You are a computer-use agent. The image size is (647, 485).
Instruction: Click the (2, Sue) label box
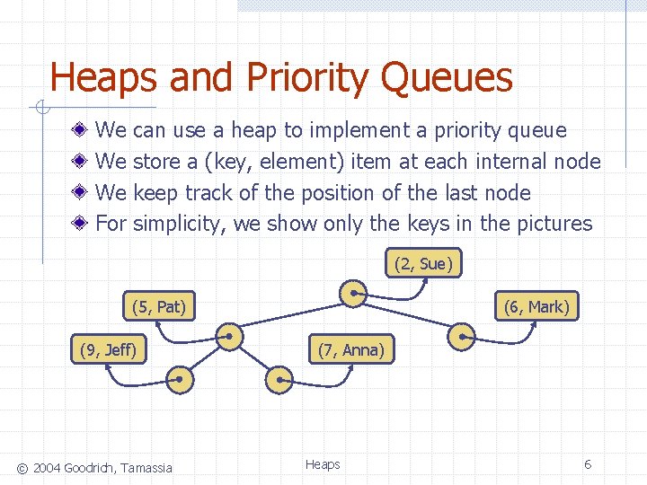coord(424,263)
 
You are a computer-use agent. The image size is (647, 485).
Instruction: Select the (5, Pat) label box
coord(159,306)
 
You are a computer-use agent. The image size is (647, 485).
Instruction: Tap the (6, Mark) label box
coord(536,306)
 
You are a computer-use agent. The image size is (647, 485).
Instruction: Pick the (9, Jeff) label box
coord(109,349)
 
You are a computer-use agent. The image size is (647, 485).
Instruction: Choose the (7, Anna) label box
coord(350,349)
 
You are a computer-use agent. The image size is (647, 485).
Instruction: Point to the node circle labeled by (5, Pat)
coord(230,337)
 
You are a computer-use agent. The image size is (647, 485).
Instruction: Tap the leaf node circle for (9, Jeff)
coord(180,380)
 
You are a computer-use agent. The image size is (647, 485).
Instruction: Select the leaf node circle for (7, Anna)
coord(279,380)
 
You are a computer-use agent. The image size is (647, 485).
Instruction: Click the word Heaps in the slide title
coord(103,78)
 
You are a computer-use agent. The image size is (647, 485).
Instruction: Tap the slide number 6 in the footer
coord(588,464)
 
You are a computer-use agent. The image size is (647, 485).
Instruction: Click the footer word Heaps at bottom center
coord(323,464)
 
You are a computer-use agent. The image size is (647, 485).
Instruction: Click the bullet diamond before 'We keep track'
coord(81,193)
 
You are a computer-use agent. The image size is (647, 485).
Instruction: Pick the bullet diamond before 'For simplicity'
coord(81,224)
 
